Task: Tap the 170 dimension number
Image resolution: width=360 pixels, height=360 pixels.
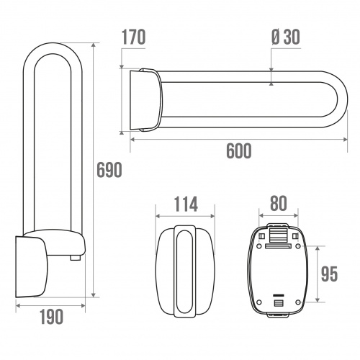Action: pos(135,37)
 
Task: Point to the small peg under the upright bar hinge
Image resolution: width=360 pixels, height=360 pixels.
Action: pos(74,257)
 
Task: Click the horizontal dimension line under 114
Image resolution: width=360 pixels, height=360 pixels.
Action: pos(185,215)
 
